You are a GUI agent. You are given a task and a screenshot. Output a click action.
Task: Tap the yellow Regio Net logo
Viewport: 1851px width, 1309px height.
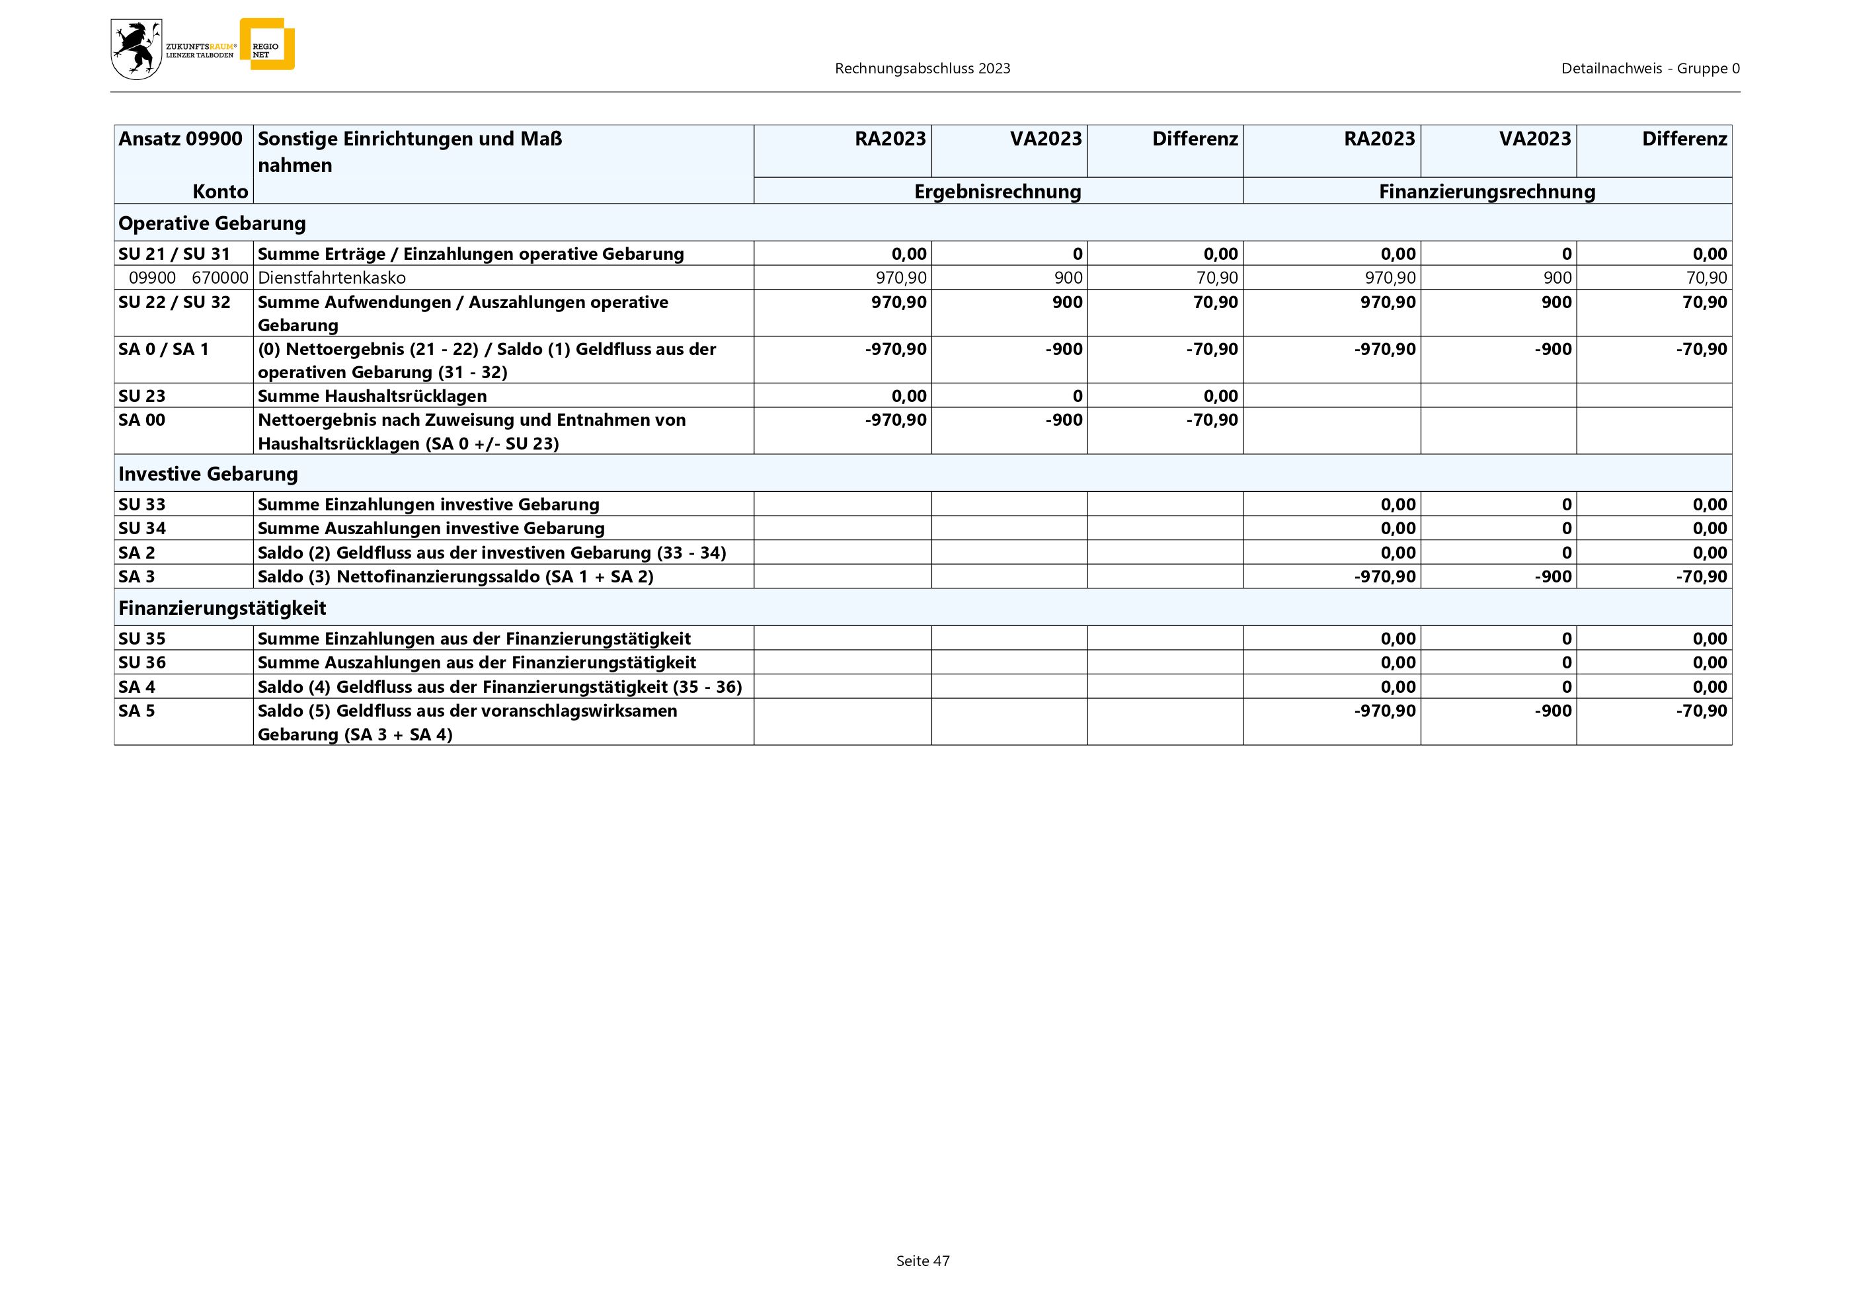click(268, 45)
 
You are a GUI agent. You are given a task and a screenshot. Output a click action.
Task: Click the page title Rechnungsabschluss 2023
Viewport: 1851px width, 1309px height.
click(922, 69)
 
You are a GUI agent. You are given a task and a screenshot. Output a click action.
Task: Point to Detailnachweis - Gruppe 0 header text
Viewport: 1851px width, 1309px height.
click(1649, 69)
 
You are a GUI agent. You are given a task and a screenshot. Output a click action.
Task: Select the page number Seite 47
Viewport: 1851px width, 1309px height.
click(922, 1261)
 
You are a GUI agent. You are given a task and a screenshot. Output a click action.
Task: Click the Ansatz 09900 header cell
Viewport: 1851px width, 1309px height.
click(180, 139)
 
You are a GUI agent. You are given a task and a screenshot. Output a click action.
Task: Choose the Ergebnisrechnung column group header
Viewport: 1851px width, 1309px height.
click(998, 192)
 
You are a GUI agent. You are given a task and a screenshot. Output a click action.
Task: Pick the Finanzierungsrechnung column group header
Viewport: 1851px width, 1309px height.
click(1487, 192)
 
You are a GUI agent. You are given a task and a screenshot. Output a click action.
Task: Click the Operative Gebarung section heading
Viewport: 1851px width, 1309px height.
click(212, 223)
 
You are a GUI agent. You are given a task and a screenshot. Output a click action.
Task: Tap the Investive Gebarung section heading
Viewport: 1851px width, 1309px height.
click(208, 474)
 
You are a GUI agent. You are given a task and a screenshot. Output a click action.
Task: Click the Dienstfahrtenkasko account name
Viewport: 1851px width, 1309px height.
click(331, 278)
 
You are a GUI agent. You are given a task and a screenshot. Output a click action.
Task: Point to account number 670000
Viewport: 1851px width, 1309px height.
click(219, 278)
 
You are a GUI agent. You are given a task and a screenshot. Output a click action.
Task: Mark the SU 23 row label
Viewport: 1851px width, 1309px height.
click(142, 396)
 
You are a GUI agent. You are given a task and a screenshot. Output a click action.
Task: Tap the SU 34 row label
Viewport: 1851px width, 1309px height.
click(142, 528)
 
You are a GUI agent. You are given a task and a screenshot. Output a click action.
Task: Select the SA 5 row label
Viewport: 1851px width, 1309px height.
click(137, 711)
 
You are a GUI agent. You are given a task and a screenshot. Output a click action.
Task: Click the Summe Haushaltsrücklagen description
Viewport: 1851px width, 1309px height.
click(372, 396)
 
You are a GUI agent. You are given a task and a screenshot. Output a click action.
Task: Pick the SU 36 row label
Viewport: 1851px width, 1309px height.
click(142, 662)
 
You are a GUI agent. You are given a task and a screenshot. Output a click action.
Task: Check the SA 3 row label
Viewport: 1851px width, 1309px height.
click(137, 576)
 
